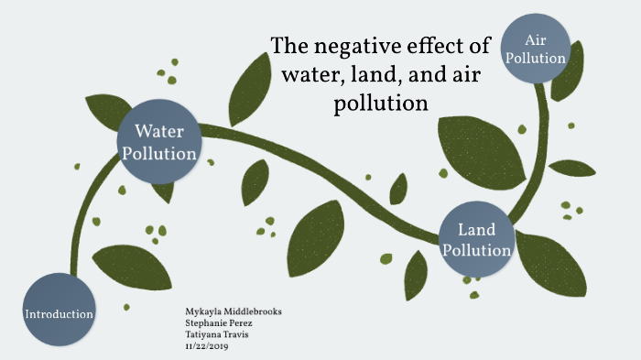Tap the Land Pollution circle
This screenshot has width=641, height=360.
(x=476, y=239)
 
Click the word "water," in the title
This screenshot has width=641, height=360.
(x=315, y=74)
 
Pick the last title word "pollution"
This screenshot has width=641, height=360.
(x=380, y=103)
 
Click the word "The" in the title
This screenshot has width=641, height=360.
(x=291, y=47)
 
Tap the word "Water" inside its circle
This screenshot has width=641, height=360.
(x=160, y=130)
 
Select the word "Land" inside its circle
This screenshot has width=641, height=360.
(x=476, y=229)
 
